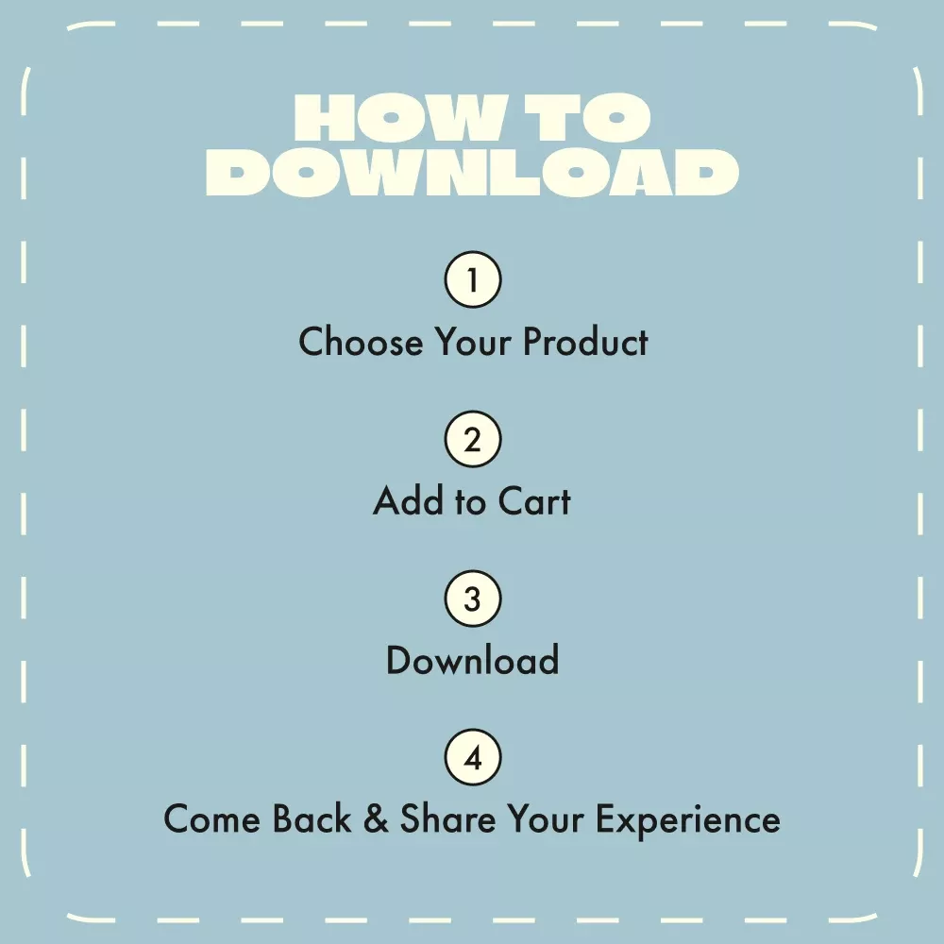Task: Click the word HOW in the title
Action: tap(398, 117)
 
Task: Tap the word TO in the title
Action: tap(587, 117)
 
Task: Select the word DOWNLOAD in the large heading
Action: tap(473, 172)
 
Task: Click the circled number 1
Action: tap(473, 279)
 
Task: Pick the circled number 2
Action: tap(473, 439)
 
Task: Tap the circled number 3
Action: tap(473, 598)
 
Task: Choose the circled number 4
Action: tap(473, 757)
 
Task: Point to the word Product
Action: tap(585, 342)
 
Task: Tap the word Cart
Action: tap(534, 501)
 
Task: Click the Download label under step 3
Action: tap(473, 660)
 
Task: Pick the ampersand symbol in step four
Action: tap(377, 818)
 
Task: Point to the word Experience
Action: tap(688, 821)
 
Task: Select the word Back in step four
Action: tap(312, 818)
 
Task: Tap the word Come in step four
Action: tap(211, 818)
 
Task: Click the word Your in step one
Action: tap(473, 342)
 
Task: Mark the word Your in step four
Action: tap(546, 818)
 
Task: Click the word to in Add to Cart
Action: tap(471, 502)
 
